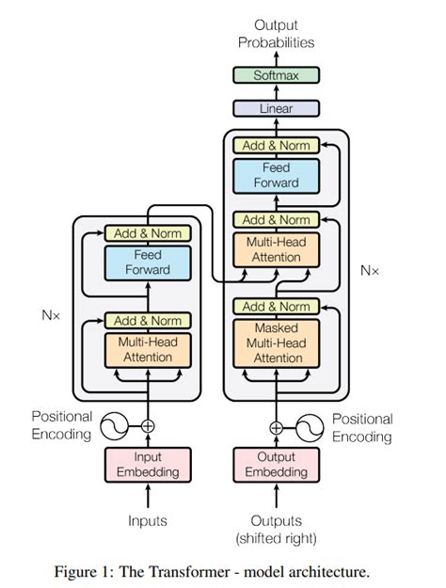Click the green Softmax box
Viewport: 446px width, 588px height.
click(276, 75)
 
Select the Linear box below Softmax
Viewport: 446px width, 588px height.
click(276, 108)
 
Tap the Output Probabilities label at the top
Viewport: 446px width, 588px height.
click(276, 34)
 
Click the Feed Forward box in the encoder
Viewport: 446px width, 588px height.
click(148, 262)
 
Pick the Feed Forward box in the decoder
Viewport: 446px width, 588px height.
click(276, 175)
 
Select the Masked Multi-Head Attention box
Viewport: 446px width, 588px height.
click(276, 343)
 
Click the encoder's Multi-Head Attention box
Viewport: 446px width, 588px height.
click(148, 349)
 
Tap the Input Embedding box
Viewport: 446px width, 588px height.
click(148, 464)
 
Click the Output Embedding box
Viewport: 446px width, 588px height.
click(276, 464)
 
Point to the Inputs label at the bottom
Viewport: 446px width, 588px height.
click(148, 519)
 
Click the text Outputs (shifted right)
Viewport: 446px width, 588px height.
click(276, 528)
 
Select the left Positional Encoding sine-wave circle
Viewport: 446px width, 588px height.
click(116, 425)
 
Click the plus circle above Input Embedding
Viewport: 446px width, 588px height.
click(148, 425)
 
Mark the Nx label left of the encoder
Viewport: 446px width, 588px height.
click(50, 316)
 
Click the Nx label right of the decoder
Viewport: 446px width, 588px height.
click(370, 270)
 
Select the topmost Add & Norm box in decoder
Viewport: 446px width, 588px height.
click(276, 146)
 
